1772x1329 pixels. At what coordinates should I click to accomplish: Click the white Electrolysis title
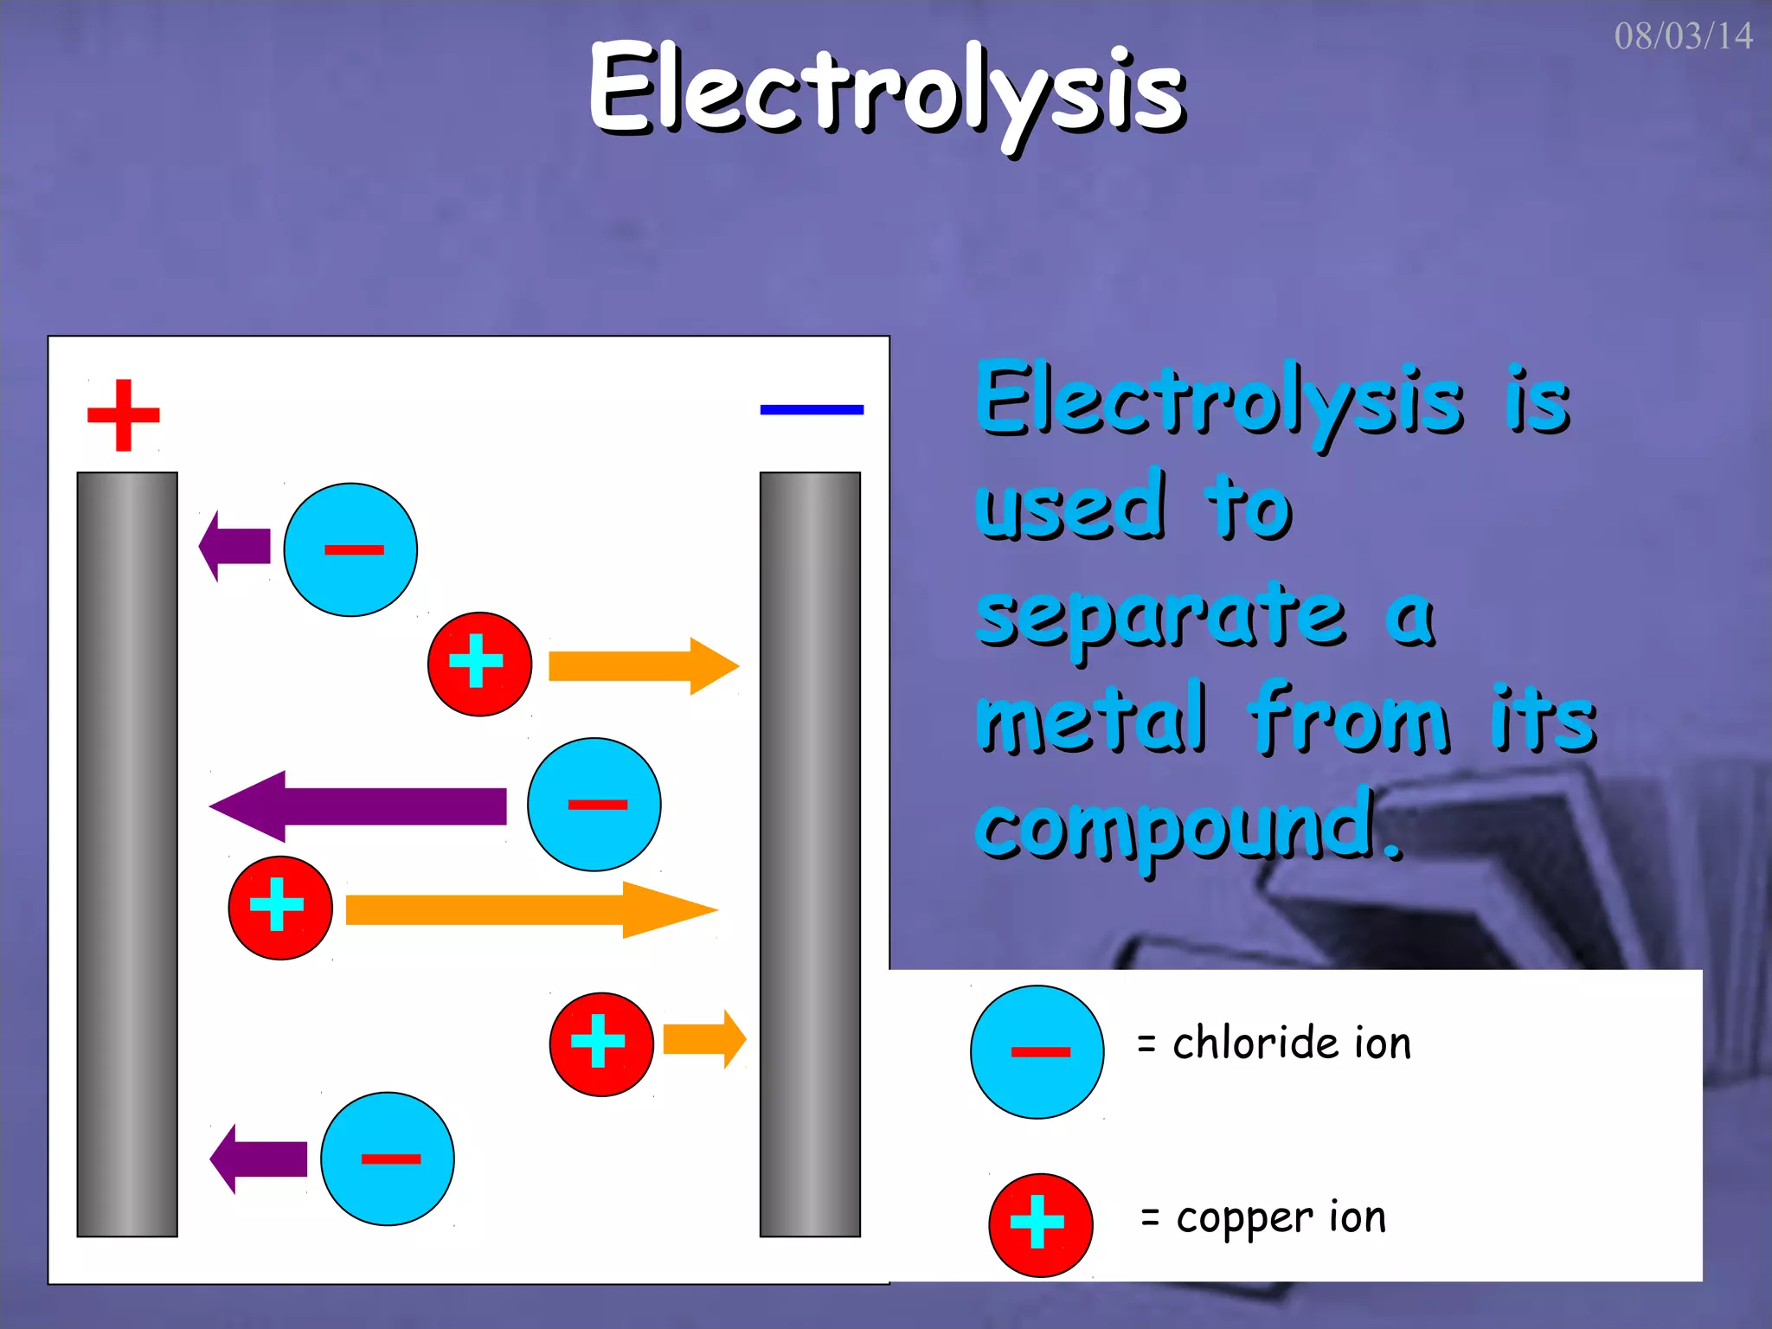(x=886, y=91)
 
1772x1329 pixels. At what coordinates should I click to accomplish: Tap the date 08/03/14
(x=1683, y=36)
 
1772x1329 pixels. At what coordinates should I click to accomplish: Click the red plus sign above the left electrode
(x=124, y=415)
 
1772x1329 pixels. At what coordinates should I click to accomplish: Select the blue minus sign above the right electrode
(x=812, y=409)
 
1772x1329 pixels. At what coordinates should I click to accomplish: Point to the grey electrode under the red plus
(x=127, y=854)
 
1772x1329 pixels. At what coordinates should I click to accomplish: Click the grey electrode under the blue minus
(x=810, y=854)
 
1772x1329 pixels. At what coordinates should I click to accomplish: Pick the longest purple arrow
(x=358, y=806)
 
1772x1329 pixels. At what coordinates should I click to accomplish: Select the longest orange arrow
(x=530, y=910)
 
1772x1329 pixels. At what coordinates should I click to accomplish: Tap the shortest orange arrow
(x=703, y=1038)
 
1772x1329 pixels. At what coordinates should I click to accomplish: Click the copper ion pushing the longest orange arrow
(x=280, y=908)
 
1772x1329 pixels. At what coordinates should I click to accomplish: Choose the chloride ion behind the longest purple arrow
(x=594, y=805)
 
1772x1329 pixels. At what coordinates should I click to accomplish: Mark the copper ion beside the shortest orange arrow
(x=601, y=1044)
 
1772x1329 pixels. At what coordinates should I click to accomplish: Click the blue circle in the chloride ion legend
(x=1037, y=1052)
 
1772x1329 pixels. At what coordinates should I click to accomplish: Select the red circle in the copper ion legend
(x=1041, y=1225)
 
